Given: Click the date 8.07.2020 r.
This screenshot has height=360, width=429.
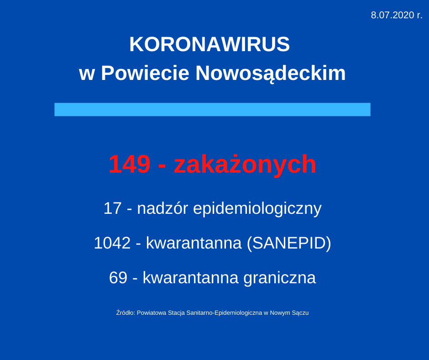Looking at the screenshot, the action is [x=397, y=15].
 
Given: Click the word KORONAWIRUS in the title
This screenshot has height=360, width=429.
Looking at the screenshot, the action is [x=209, y=44].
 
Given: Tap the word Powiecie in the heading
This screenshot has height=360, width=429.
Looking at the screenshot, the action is [x=145, y=73].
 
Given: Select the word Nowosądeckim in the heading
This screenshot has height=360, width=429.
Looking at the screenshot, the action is [x=271, y=74].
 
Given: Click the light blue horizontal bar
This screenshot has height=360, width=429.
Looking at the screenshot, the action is [x=212, y=110].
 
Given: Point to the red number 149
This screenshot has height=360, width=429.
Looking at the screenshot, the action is [x=130, y=164].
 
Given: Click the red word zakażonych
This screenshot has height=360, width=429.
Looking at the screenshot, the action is [x=245, y=165].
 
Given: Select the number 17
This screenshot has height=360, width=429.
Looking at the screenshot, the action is [x=112, y=208].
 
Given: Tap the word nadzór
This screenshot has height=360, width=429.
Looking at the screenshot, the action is [x=162, y=208].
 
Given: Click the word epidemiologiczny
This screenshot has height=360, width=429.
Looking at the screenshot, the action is [x=257, y=209].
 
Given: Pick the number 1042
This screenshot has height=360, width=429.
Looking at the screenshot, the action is [x=112, y=243].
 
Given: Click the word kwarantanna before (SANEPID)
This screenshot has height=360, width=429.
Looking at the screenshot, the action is [x=194, y=244].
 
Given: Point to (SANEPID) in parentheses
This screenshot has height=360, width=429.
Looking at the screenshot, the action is [x=289, y=244].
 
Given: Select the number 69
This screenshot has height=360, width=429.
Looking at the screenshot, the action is [x=118, y=277].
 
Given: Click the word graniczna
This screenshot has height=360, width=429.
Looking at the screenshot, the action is [x=280, y=278].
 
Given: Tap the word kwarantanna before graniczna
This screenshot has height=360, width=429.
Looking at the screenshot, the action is [x=191, y=278].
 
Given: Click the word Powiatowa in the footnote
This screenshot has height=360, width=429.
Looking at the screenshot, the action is [x=152, y=312].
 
